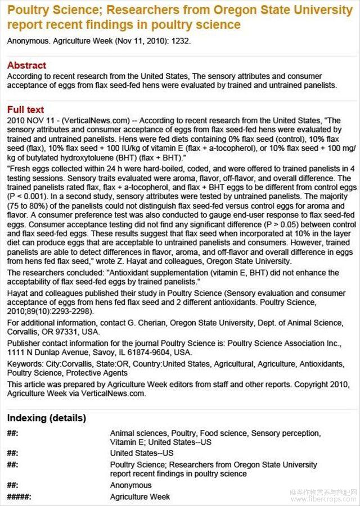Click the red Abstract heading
pyautogui.click(x=26, y=65)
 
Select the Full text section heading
pyautogui.click(x=25, y=110)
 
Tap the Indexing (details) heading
pyautogui.click(x=47, y=418)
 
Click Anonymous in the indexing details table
pyautogui.click(x=131, y=485)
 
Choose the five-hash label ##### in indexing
pyautogui.click(x=19, y=497)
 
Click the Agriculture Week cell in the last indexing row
pyautogui.click(x=140, y=497)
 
